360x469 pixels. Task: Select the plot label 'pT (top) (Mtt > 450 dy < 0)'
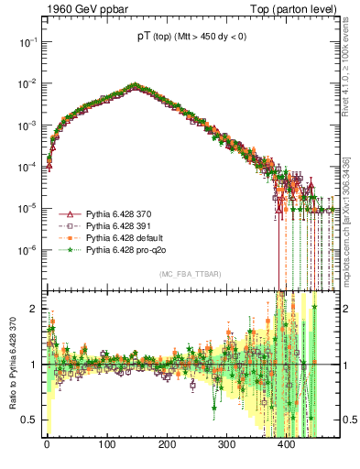pyautogui.click(x=191, y=38)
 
